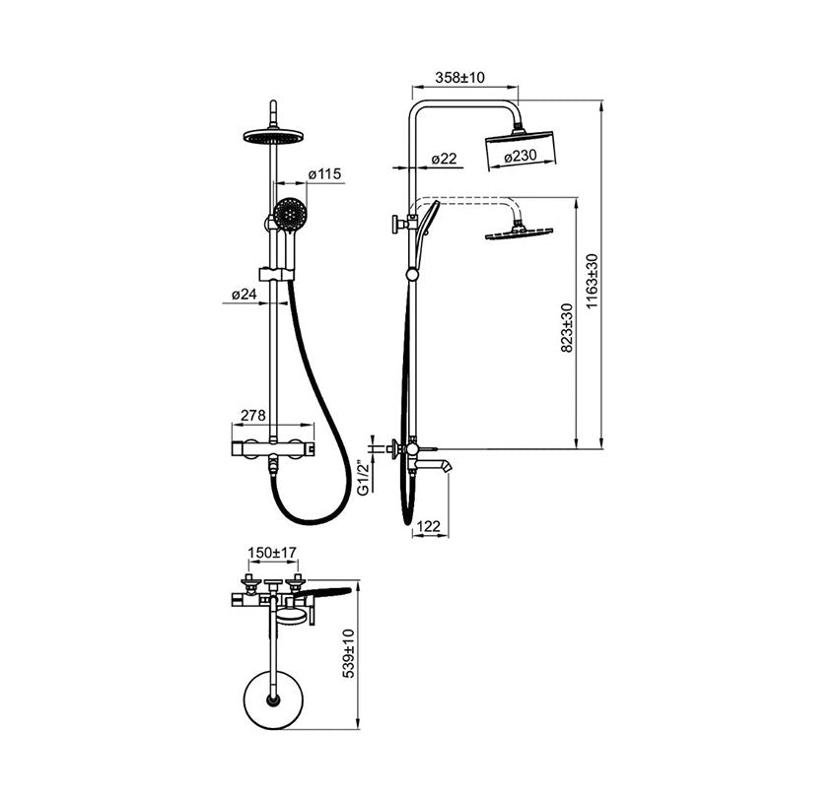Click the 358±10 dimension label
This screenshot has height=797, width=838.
[459, 78]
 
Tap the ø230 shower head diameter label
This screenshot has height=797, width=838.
[520, 156]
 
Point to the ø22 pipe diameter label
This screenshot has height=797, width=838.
[444, 159]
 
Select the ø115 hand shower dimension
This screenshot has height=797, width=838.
[324, 174]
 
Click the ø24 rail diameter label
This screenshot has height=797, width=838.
[244, 294]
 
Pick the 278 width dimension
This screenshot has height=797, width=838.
[252, 415]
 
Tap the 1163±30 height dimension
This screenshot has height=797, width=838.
[592, 281]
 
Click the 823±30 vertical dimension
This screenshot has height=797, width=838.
[567, 328]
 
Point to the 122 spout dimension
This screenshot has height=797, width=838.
[428, 527]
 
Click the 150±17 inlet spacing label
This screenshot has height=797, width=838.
[272, 553]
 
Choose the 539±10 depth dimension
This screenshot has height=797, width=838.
[348, 653]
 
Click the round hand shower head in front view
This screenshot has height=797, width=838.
[291, 214]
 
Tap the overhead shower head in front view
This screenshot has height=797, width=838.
[273, 135]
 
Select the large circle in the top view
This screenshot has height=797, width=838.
[273, 699]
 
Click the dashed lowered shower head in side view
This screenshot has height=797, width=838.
[519, 232]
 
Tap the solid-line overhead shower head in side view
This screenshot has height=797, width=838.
[520, 151]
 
